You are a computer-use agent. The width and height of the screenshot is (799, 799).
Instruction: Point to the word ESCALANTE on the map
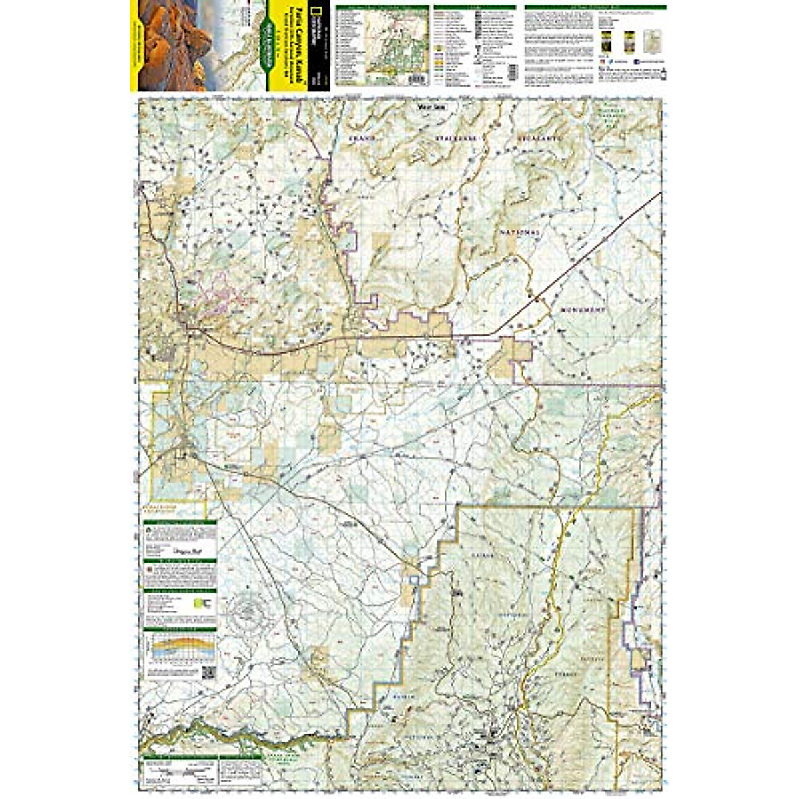541,138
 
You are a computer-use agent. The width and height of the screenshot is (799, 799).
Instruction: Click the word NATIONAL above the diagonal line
519,232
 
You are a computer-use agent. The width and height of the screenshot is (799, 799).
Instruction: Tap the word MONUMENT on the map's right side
582,311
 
